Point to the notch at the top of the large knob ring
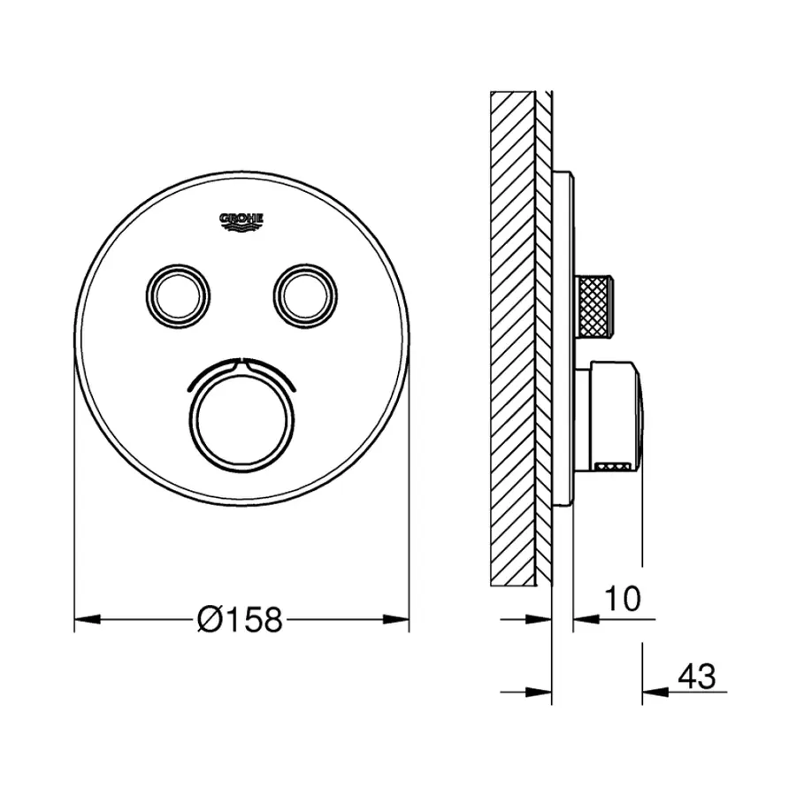[241, 361]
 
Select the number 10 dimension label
[624, 599]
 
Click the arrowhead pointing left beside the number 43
[653, 690]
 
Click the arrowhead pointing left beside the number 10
[585, 619]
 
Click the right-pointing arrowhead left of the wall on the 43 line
[540, 690]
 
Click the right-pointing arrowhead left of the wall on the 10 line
[540, 619]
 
